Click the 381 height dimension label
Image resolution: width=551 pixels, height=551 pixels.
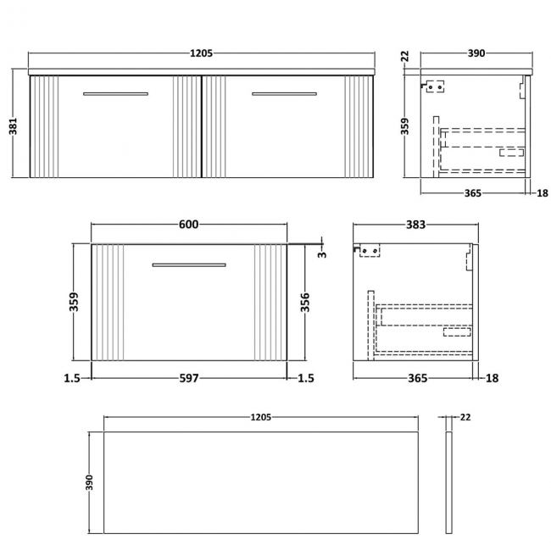[12, 127]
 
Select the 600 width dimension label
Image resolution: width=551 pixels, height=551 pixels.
[188, 225]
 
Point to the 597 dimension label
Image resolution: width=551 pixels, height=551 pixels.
[188, 378]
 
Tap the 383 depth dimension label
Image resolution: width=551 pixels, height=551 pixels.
[415, 225]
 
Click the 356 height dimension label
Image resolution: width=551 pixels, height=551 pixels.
[304, 303]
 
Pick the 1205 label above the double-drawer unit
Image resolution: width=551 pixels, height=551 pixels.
[201, 53]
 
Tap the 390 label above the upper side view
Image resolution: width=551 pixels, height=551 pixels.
[476, 53]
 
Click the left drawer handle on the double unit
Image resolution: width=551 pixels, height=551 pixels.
[115, 94]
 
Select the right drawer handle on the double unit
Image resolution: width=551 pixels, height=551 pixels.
[284, 94]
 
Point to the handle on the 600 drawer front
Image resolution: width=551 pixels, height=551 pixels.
[188, 265]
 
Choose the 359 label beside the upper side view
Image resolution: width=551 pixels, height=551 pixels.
[405, 126]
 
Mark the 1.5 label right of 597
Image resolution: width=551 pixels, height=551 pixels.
[305, 378]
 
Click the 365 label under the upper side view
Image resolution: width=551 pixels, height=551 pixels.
[472, 193]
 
